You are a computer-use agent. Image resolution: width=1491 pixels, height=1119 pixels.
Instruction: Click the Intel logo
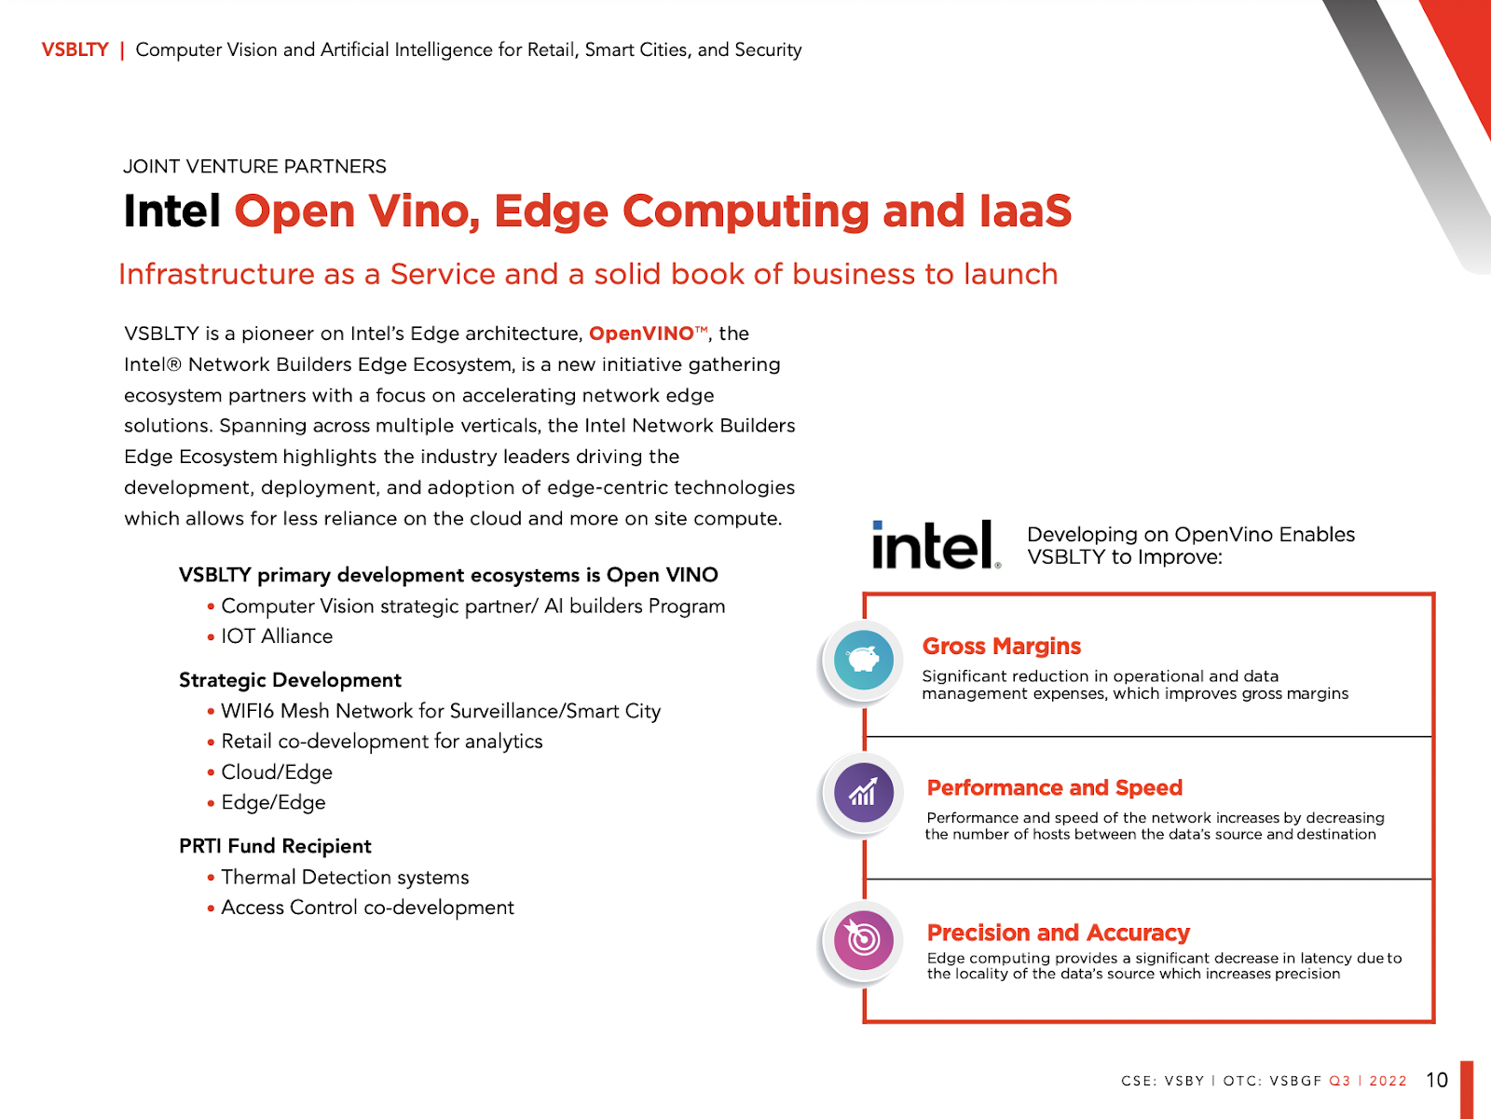[x=935, y=545]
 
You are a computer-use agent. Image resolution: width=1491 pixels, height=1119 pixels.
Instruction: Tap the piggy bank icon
[x=864, y=660]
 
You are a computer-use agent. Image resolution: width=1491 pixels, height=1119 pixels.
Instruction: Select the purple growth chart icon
[x=864, y=793]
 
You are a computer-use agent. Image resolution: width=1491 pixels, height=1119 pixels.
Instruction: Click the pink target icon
[x=864, y=939]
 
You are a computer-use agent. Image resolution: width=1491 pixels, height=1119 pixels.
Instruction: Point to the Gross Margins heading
[x=1002, y=646]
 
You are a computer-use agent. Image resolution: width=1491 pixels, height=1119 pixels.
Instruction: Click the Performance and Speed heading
[x=1054, y=787]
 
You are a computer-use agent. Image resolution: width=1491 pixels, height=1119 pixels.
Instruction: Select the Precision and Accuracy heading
[x=1058, y=933]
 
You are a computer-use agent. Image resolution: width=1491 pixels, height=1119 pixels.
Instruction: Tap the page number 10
[x=1436, y=1080]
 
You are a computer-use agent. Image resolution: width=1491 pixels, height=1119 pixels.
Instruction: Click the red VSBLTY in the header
[x=75, y=49]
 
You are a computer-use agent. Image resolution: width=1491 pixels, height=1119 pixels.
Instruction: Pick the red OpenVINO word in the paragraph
[x=641, y=334]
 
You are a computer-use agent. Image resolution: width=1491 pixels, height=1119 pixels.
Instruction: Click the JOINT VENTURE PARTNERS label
[x=254, y=167]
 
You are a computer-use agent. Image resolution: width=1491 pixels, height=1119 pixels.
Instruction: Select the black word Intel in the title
[x=171, y=211]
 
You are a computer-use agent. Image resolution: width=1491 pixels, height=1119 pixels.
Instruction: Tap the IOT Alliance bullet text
[x=277, y=636]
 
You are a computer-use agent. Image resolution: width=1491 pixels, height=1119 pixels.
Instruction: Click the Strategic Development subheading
[x=290, y=680]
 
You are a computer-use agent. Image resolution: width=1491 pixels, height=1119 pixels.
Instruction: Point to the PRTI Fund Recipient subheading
[x=275, y=846]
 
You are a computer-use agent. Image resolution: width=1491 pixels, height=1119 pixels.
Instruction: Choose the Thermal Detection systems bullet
[x=345, y=877]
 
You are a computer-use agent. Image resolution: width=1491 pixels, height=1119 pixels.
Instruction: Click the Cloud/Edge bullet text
[x=277, y=772]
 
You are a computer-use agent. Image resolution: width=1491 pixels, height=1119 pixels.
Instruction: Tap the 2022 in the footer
[x=1388, y=1081]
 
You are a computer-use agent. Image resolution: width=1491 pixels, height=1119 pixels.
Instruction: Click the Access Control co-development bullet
[x=367, y=907]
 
